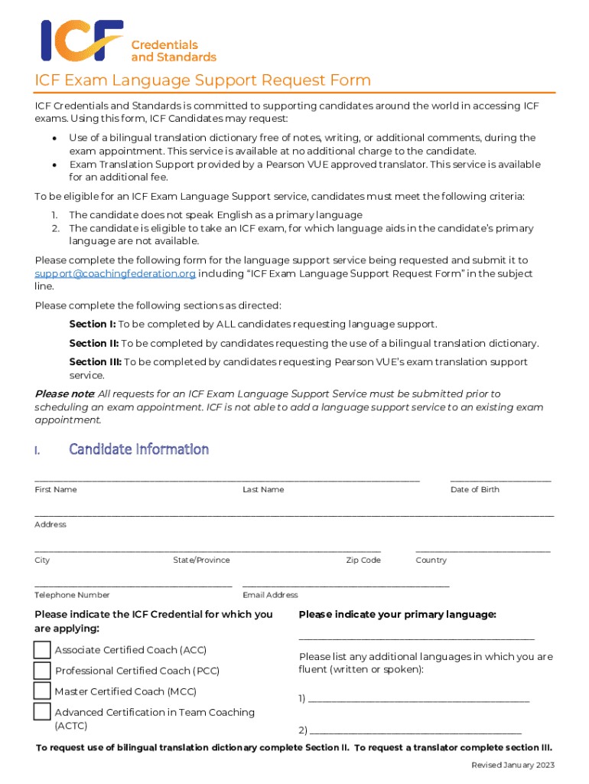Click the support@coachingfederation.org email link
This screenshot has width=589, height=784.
pos(116,274)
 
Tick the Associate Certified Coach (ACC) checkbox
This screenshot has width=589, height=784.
pos(42,650)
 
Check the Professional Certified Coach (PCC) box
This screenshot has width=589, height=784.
pos(42,671)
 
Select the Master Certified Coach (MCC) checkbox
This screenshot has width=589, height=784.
pos(42,691)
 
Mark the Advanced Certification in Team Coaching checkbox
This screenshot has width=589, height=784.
pos(42,712)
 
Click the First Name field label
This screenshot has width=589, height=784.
pos(56,489)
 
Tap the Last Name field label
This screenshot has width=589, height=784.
pos(263,489)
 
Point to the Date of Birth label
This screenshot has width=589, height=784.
pos(474,489)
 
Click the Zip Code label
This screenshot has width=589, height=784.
pos(363,560)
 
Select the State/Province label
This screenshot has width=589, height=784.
pos(201,560)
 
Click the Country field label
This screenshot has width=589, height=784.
pos(431,560)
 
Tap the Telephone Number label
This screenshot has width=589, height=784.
pos(72,595)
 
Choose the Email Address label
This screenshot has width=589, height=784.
pos(270,595)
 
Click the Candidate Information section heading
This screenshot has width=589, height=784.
pos(138,449)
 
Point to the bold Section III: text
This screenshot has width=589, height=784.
pos(95,362)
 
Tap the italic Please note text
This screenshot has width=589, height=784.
pos(65,394)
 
